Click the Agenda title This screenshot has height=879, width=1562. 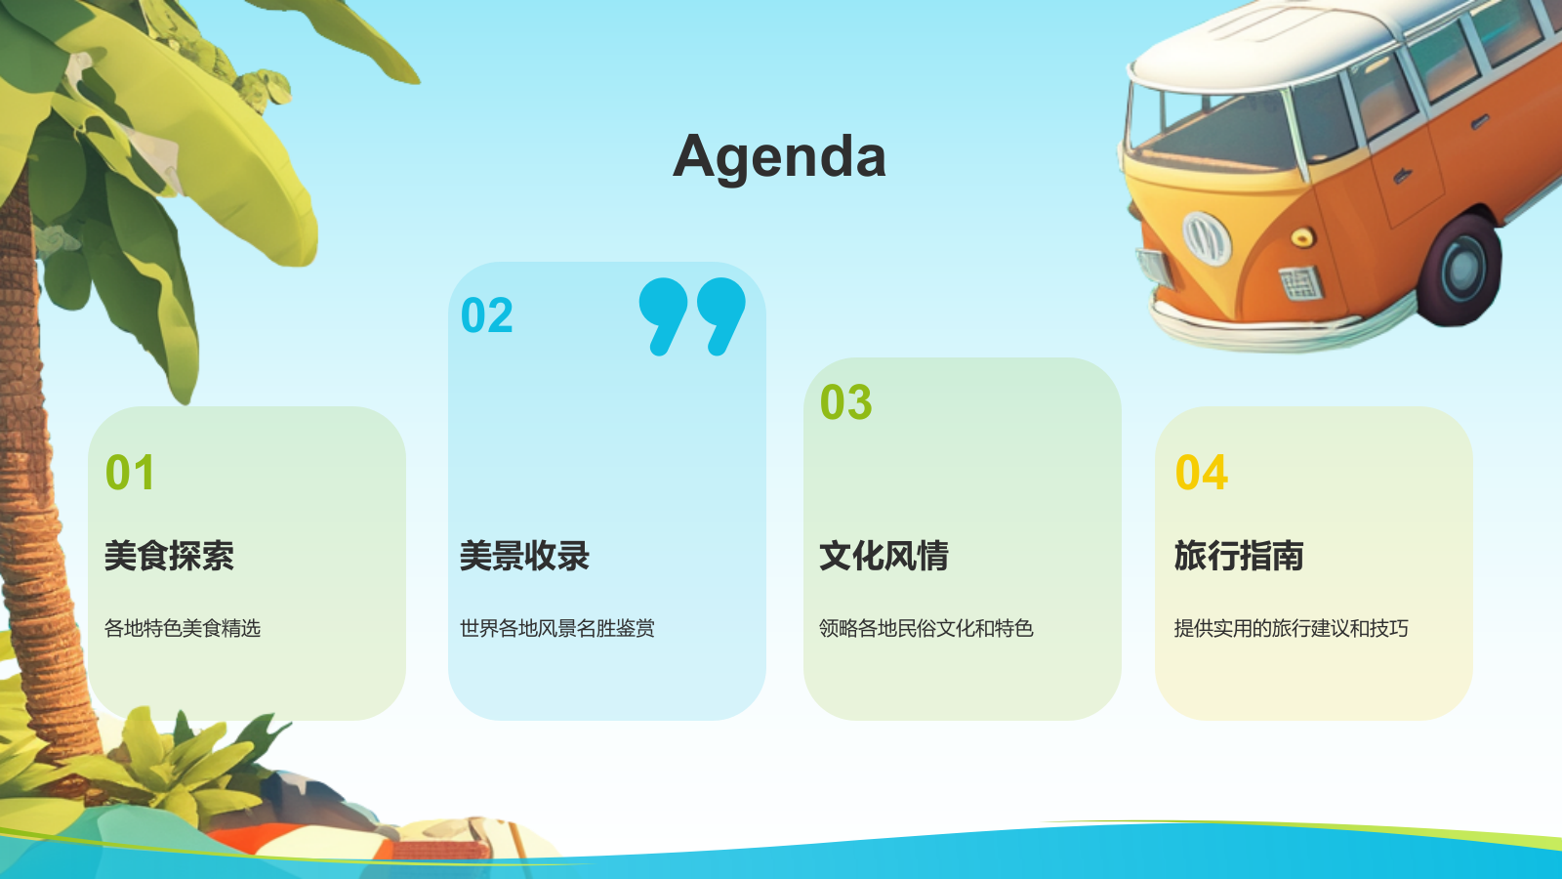pos(780,157)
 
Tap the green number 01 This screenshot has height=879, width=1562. pos(130,473)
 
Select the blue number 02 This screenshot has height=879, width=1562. pos(487,314)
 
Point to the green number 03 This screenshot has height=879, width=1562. pos(845,401)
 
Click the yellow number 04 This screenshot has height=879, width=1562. pos(1202,473)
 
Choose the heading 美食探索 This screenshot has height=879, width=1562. pos(170,556)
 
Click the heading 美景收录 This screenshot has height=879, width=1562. pos(524,556)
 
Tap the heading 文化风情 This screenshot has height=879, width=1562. pos(884,556)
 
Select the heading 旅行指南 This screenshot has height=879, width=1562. pos(1239,556)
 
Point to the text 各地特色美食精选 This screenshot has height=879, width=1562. pos(182,628)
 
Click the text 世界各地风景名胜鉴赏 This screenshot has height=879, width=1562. pos(557,628)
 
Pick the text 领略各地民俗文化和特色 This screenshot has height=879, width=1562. pos(926,628)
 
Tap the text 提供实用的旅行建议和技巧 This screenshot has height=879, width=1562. pos(1291,628)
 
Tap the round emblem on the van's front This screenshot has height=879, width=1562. pos(1206,238)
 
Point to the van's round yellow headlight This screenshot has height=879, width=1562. pos(1302,237)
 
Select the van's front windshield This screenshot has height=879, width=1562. pos(1213,129)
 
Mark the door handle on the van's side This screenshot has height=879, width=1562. pos(1402,176)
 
